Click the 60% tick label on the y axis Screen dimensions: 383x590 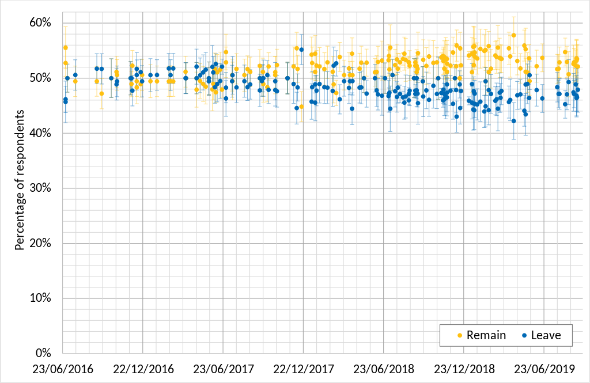tap(41, 22)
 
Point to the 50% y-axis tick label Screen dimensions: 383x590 tap(41, 78)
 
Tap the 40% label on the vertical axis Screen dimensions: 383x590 tap(41, 133)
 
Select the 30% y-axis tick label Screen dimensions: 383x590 tap(41, 188)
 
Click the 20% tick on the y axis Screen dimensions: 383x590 tap(41, 243)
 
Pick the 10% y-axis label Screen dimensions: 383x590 tap(41, 298)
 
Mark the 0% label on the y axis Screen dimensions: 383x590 tap(44, 353)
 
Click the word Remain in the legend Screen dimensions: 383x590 tap(486, 335)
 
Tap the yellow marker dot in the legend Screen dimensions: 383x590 tap(459, 335)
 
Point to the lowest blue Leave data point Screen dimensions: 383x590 tap(514, 121)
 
